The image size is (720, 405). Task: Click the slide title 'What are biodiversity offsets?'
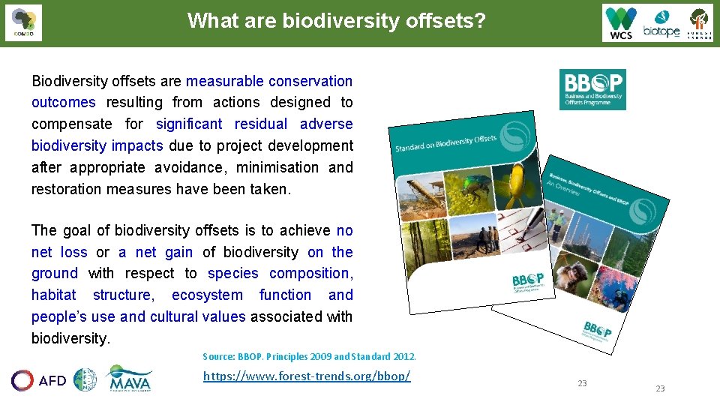pos(337,20)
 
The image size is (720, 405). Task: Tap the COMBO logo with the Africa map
pos(23,22)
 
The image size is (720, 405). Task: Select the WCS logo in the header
pos(621,22)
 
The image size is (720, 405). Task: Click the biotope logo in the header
pos(661,23)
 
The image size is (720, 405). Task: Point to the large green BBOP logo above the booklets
pos(592,89)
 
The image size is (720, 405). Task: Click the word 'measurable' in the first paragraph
pos(225,81)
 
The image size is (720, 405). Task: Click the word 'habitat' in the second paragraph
pos(53,295)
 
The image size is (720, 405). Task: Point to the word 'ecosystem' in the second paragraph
pos(207,295)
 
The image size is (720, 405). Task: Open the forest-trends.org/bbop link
pos(307,376)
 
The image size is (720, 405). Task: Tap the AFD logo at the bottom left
pos(39,380)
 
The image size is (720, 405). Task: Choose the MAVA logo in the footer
pos(130,379)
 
